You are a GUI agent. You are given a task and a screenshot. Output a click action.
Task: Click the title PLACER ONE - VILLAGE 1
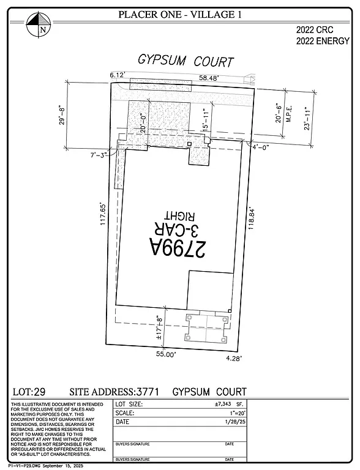click(x=180, y=15)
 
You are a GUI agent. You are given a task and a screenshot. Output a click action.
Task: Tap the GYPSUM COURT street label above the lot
click(x=186, y=62)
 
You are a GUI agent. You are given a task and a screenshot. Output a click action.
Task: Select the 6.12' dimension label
click(x=118, y=75)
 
